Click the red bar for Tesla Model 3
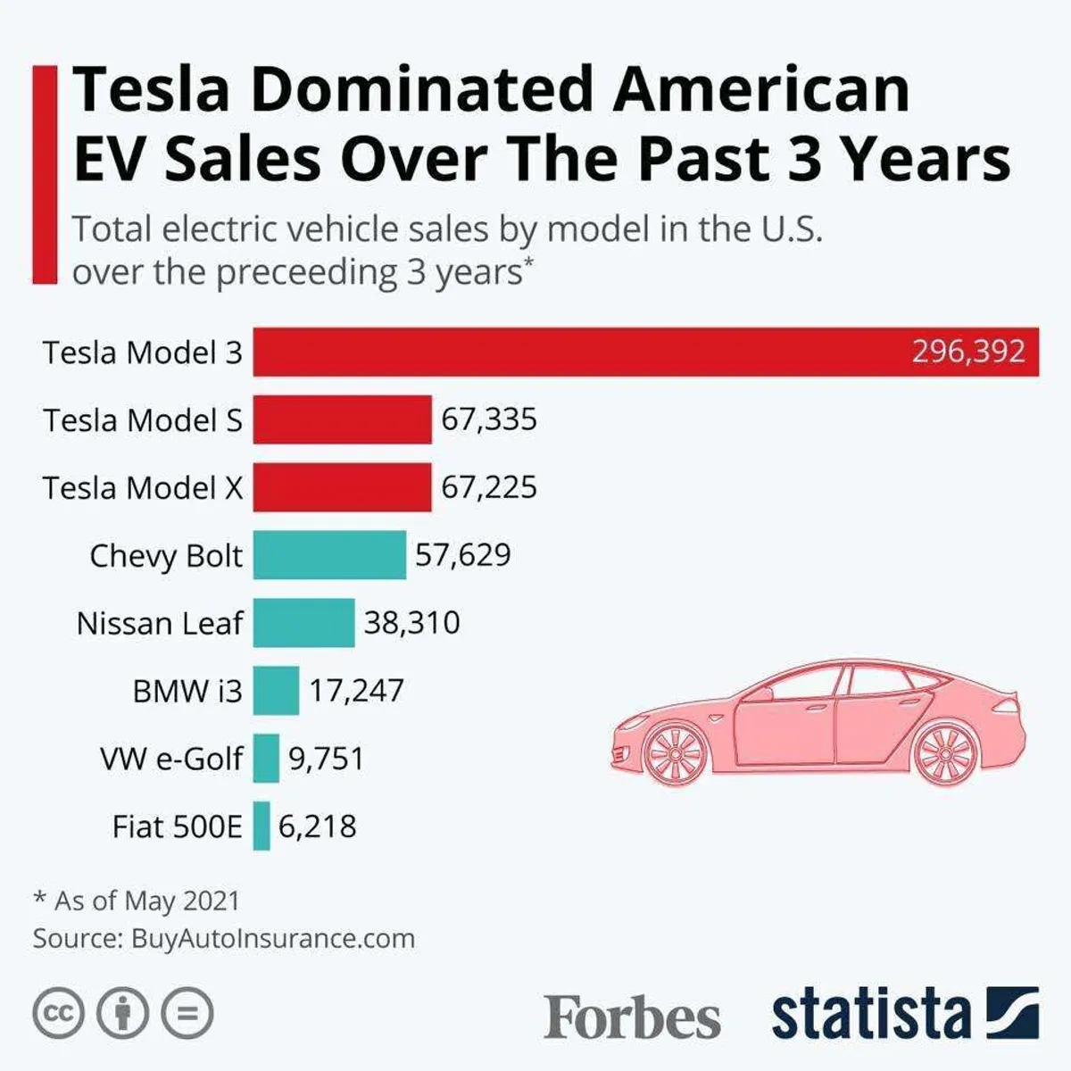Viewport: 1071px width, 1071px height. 580,352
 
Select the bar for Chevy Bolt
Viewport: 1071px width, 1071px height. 329,555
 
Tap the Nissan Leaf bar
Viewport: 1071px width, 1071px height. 303,623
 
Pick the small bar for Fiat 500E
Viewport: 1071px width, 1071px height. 262,826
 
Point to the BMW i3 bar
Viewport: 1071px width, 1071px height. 276,691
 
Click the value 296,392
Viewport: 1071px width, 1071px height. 968,352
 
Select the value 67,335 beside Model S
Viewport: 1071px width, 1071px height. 489,419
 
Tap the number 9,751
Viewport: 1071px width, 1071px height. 326,759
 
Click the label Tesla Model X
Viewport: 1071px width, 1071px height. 143,488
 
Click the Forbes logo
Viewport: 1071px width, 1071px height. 632,1017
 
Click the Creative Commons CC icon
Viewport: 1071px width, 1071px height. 58,1013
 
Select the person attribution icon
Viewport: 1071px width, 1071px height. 122,1013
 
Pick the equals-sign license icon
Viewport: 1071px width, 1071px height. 187,1013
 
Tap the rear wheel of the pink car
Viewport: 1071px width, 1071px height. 947,753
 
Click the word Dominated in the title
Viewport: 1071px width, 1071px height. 422,89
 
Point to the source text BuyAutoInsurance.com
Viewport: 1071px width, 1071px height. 273,939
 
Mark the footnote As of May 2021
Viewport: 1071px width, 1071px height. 147,901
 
